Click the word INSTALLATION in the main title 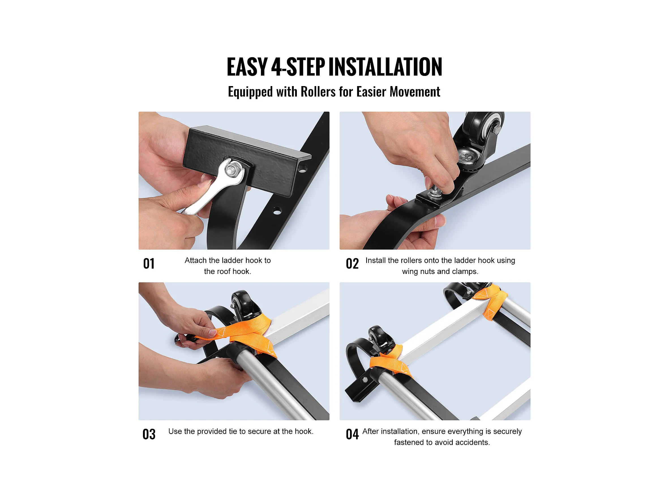[385, 67]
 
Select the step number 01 [149, 264]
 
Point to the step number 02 [352, 264]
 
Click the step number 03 [149, 434]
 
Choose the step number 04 [352, 434]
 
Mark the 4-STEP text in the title [298, 67]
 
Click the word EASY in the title [247, 67]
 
